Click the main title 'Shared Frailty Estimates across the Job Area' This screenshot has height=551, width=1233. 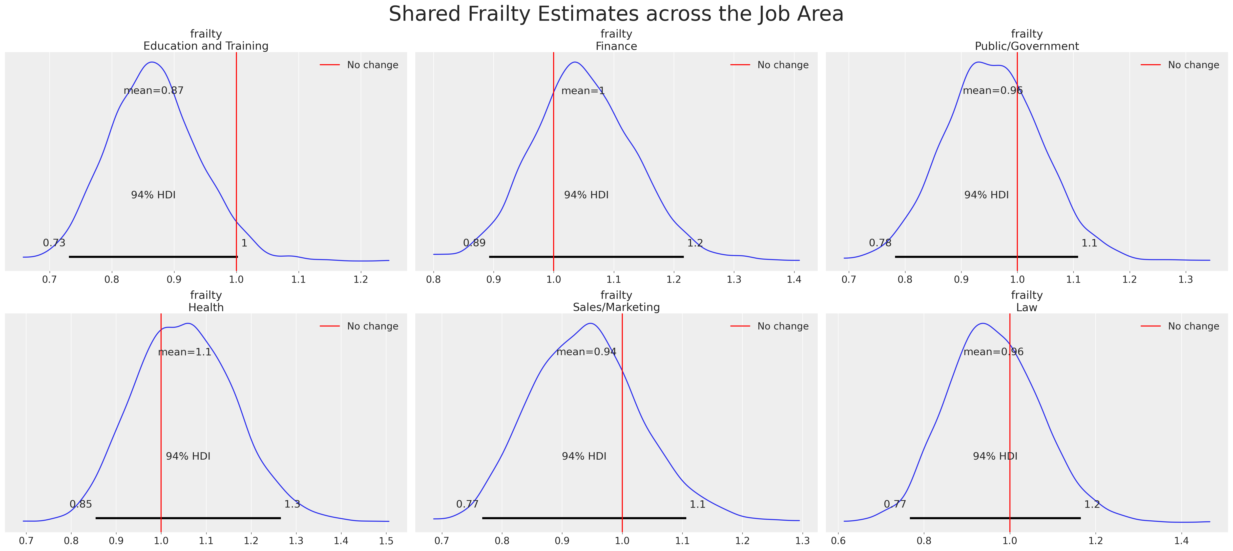[616, 14]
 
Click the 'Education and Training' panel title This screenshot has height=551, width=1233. [206, 46]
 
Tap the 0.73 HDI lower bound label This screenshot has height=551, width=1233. [54, 243]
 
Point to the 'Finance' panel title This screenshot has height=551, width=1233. [616, 46]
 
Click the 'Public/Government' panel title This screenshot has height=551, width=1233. [1027, 46]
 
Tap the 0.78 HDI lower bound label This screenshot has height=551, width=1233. [880, 243]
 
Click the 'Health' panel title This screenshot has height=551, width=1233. [206, 307]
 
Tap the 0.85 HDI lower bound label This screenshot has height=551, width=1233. [81, 504]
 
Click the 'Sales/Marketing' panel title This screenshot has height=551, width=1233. [616, 307]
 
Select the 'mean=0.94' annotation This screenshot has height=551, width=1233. [586, 352]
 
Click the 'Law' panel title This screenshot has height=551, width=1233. [1027, 307]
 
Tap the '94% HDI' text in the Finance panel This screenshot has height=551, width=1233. [586, 195]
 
